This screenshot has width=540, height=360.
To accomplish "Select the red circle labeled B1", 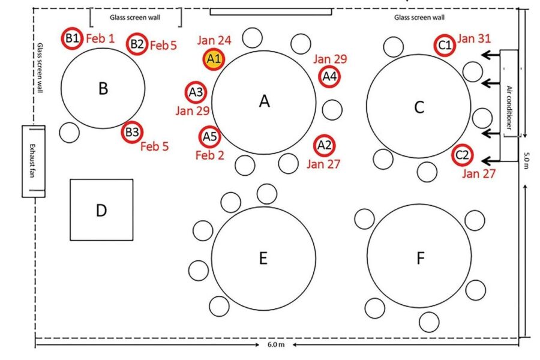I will point(73,40).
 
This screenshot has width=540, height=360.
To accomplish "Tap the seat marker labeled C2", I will point(462,155).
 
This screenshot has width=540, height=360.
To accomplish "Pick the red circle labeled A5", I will point(209,137).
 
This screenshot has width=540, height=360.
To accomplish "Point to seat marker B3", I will point(132,132).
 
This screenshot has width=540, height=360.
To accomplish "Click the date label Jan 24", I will point(214,41).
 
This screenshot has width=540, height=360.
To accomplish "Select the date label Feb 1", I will point(100,39).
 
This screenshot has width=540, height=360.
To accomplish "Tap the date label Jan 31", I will point(474,39).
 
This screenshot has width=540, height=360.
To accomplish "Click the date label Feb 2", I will point(210,155).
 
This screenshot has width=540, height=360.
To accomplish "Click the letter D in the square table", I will point(101,210).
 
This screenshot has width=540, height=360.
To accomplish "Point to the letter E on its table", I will point(263,258).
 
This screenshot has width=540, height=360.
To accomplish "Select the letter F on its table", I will point(420,258).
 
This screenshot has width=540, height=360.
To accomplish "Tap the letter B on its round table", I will point(103,89).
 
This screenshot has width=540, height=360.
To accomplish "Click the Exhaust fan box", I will point(34,161).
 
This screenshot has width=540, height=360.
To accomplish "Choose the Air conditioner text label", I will point(509,108).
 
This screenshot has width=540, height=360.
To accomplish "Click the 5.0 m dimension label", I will point(526,160).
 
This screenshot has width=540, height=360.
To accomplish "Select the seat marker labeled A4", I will point(329,76).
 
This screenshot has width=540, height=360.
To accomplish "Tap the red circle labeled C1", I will point(445,45).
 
